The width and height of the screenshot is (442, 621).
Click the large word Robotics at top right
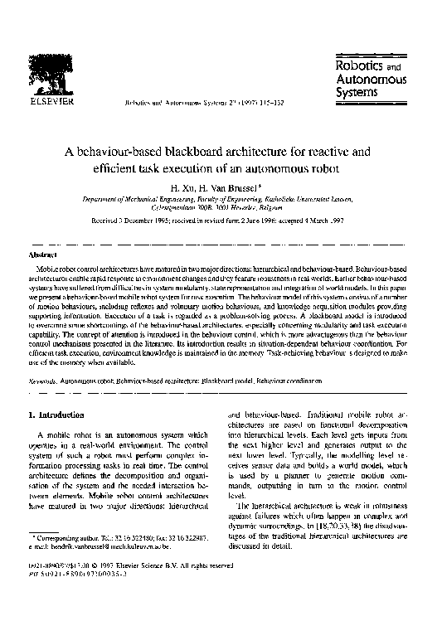coord(358,63)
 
